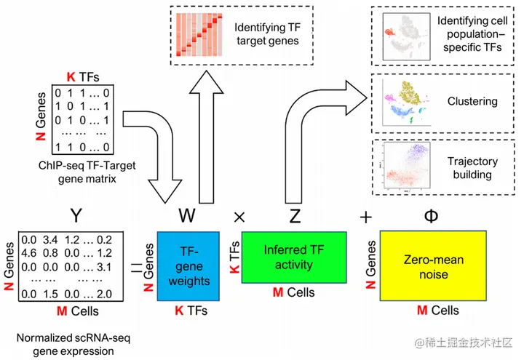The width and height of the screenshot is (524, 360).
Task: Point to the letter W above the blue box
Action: coord(188,215)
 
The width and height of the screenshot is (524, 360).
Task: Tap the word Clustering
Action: coord(472,101)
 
